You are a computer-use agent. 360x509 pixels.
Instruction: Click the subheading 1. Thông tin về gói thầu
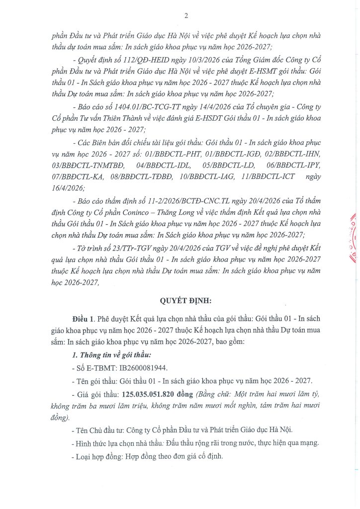pyautogui.click(x=111, y=355)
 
